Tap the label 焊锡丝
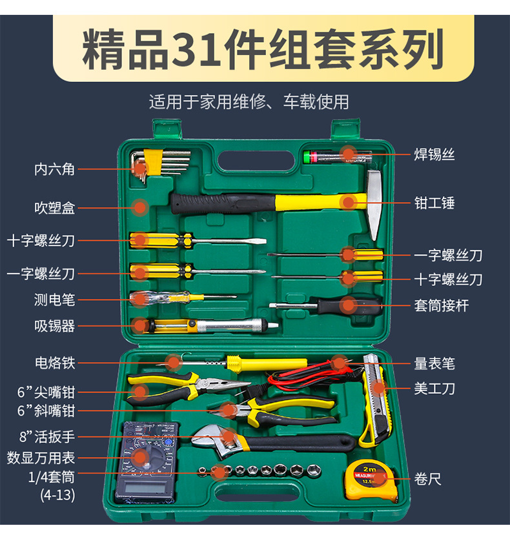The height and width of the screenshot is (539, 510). click(434, 154)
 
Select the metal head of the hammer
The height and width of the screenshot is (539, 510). click(374, 204)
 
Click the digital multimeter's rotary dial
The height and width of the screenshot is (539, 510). click(147, 458)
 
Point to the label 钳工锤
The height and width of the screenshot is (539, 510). click(434, 203)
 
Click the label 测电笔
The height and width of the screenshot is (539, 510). click(54, 300)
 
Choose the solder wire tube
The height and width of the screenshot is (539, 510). click(338, 157)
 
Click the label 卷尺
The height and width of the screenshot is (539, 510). click(427, 479)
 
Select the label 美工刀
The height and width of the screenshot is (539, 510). click(434, 389)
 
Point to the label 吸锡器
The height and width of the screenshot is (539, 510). click(54, 326)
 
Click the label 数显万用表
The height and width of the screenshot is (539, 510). click(41, 458)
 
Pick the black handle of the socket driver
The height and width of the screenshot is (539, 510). click(349, 305)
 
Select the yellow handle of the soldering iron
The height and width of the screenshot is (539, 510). click(266, 363)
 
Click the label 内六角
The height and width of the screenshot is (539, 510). click(54, 169)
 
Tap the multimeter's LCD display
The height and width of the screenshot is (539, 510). click(145, 487)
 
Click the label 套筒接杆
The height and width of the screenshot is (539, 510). click(441, 305)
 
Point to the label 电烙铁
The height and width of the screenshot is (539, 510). click(55, 363)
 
